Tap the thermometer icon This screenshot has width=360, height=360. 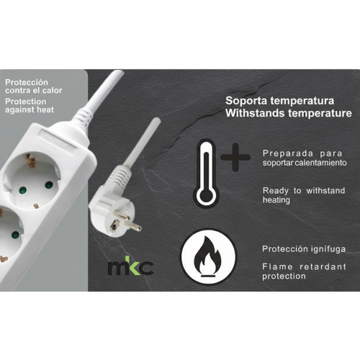206,174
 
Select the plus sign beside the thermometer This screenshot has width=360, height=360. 235,158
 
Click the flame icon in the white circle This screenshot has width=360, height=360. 208,256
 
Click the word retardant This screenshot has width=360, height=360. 323,266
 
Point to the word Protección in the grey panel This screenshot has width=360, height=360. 27,82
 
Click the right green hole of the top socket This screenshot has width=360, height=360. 49,185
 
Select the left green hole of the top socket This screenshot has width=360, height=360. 22,191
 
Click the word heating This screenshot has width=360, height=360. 276,200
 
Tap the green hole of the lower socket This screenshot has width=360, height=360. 15,234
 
